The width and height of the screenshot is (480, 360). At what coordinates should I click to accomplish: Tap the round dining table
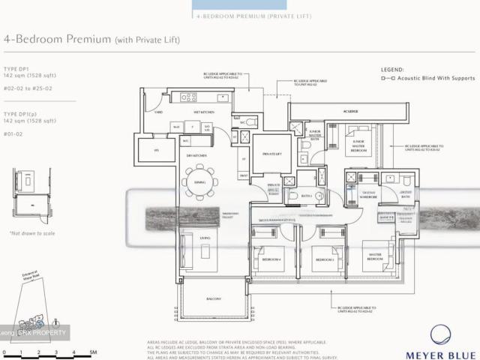(199, 182)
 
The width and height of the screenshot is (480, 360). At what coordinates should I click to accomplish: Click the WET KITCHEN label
(202, 112)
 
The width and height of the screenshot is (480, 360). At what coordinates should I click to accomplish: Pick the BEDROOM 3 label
(324, 259)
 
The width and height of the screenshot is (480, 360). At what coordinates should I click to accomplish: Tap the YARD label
(158, 112)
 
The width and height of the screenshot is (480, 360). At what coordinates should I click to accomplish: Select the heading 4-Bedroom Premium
(58, 39)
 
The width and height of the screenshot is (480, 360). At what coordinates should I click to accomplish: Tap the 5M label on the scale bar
(93, 352)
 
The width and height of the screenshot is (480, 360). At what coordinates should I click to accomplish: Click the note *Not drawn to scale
(32, 233)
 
